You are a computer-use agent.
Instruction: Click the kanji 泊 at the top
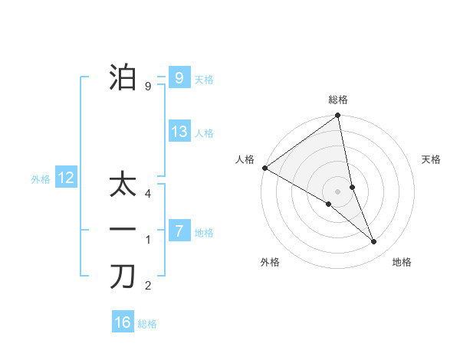pyautogui.click(x=123, y=78)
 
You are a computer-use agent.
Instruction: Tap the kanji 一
pyautogui.click(x=123, y=230)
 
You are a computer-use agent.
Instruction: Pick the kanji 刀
pyautogui.click(x=123, y=277)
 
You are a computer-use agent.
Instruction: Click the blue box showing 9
pyautogui.click(x=178, y=78)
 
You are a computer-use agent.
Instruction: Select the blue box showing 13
pyautogui.click(x=179, y=132)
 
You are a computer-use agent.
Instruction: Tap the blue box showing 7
pyautogui.click(x=178, y=231)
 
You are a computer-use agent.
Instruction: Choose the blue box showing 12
pyautogui.click(x=66, y=178)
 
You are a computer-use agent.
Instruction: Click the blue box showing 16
pyautogui.click(x=123, y=322)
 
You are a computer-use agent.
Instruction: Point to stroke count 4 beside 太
pyautogui.click(x=147, y=194)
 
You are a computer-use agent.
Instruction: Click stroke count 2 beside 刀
pyautogui.click(x=147, y=286)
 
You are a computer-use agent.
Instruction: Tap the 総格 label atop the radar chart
pyautogui.click(x=337, y=100)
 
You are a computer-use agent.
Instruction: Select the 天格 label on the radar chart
pyautogui.click(x=432, y=159)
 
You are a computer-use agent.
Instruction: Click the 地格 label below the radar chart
pyautogui.click(x=402, y=262)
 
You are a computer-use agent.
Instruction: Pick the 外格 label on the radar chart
pyautogui.click(x=270, y=262)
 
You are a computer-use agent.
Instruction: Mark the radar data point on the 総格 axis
pyautogui.click(x=337, y=116)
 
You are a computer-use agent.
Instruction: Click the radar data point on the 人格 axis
pyautogui.click(x=264, y=168)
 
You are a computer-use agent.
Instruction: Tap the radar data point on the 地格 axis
pyautogui.click(x=374, y=241)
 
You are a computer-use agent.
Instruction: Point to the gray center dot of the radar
pyautogui.click(x=337, y=191)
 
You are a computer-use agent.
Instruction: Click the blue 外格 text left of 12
pyautogui.click(x=41, y=179)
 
